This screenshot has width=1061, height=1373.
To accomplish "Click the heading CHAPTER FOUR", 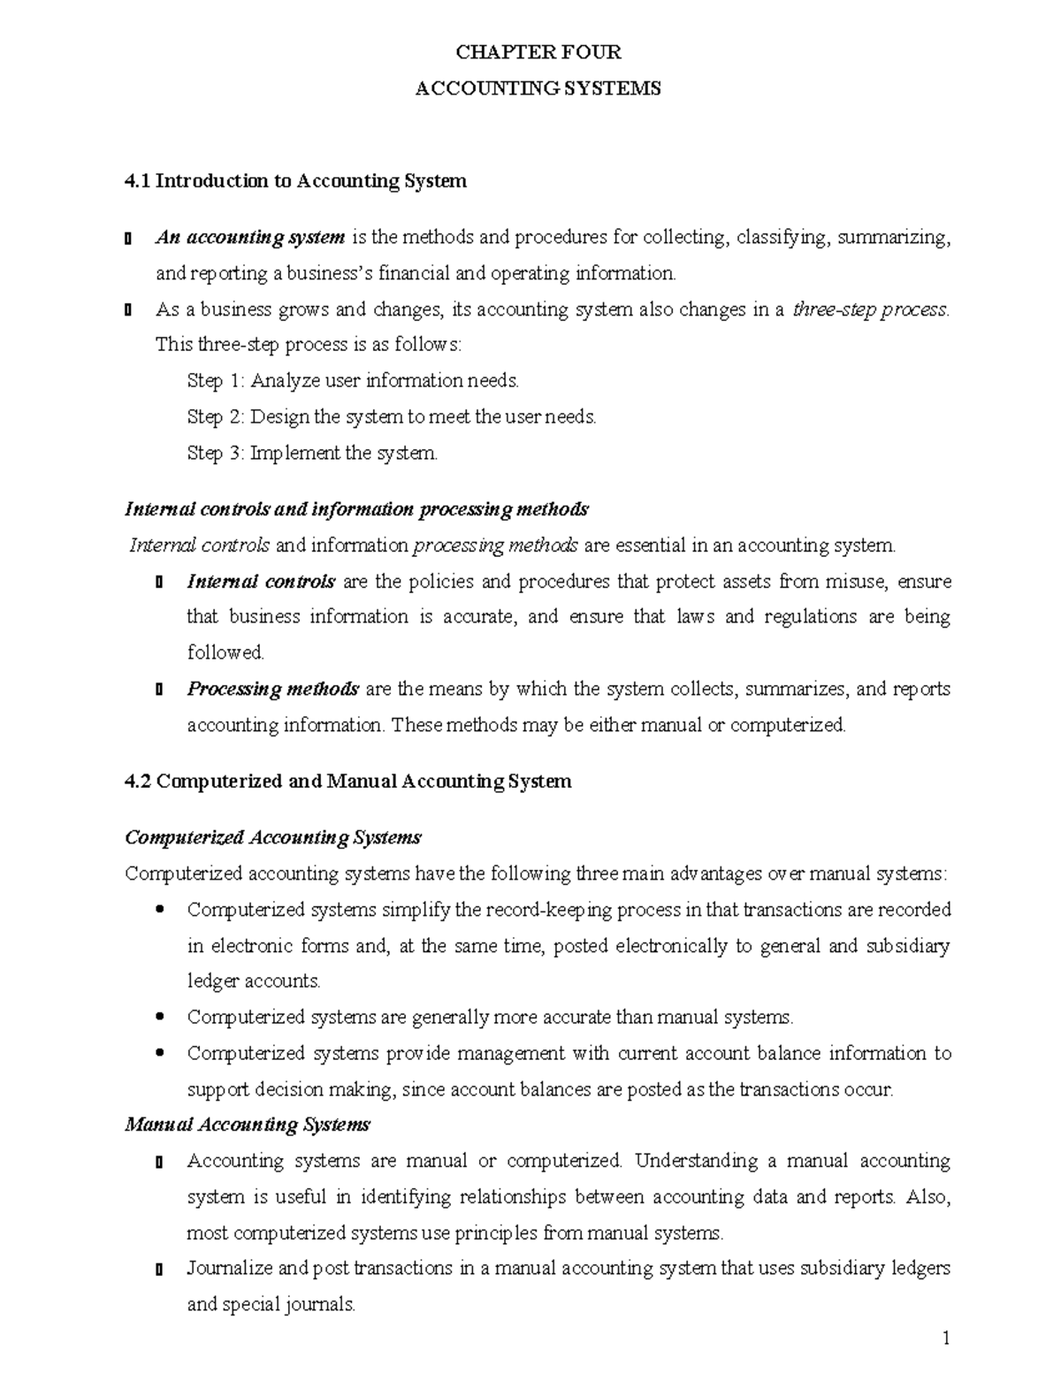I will click(538, 52).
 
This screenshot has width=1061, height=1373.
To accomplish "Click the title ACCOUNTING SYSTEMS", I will click(538, 88).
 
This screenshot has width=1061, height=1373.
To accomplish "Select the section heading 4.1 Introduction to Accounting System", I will click(295, 181).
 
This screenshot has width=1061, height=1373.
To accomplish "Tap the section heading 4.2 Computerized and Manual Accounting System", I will click(348, 782).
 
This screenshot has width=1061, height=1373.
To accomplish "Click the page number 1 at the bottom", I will click(945, 1339).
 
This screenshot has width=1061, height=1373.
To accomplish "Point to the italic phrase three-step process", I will click(870, 309).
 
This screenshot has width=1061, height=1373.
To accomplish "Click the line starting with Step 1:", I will click(353, 381).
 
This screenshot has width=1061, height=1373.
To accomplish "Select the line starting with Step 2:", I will click(392, 416).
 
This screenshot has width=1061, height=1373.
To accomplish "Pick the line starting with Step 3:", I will click(312, 454).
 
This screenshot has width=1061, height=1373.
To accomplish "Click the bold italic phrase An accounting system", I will click(250, 237).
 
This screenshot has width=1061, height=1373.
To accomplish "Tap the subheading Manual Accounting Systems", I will click(248, 1125).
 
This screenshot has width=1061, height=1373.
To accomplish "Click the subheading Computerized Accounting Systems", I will click(273, 837).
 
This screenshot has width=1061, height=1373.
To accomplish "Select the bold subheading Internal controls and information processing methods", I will click(356, 509).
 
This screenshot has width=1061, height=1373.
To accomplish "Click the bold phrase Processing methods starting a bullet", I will click(272, 689).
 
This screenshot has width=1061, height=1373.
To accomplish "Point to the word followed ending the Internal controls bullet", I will click(225, 652).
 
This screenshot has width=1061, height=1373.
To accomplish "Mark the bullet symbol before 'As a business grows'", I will click(129, 310).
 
